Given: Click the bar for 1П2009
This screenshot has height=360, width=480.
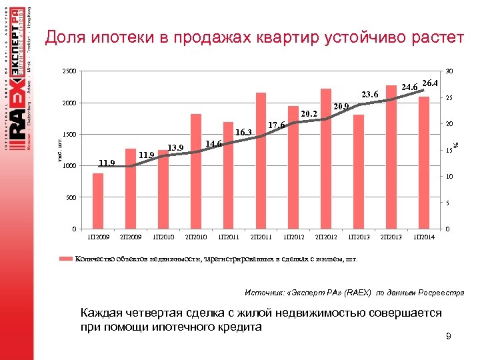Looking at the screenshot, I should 98,201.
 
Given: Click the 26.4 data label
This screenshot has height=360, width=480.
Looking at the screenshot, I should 430,83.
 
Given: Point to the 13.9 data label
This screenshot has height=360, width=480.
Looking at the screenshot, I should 175,147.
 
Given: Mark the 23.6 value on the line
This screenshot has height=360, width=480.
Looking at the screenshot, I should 369,95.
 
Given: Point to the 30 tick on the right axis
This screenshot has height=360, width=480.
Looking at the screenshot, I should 450,71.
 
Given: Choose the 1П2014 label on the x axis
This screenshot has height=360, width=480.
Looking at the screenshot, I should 424,237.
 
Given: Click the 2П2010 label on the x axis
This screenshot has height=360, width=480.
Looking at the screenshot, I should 196,237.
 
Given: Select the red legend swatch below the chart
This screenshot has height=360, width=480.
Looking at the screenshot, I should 66,259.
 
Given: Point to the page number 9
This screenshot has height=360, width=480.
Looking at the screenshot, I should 449,337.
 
